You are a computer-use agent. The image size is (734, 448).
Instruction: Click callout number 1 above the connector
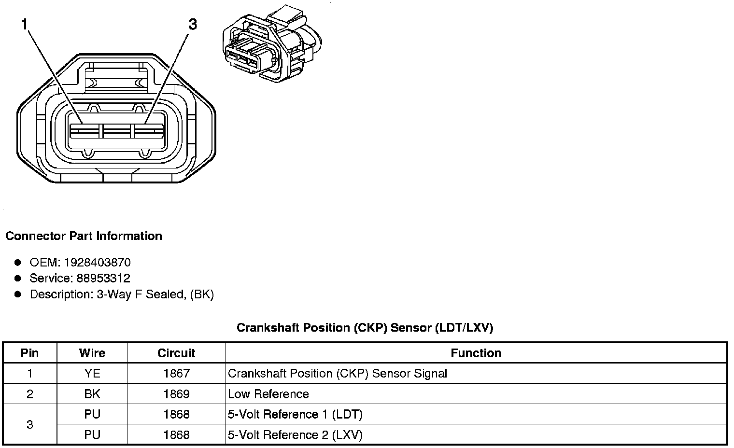click(24, 24)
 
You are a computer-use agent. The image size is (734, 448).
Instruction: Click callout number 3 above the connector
click(193, 24)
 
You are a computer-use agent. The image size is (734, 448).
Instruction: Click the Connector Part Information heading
click(84, 236)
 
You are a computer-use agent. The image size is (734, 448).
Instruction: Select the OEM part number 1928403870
click(97, 263)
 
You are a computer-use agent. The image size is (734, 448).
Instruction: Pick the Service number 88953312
click(103, 279)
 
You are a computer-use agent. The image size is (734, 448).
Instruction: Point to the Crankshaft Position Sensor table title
click(365, 328)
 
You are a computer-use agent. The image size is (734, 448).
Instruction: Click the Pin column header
click(30, 353)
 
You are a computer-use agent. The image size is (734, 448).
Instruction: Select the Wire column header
click(92, 353)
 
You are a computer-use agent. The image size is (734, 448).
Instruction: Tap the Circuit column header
click(176, 353)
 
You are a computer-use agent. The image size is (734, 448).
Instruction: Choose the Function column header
click(476, 353)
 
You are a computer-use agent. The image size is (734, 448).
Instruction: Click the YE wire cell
click(92, 374)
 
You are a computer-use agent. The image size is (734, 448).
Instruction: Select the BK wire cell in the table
click(92, 394)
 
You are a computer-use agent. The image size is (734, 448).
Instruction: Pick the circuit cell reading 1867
click(176, 374)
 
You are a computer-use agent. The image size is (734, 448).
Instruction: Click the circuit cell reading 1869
click(176, 394)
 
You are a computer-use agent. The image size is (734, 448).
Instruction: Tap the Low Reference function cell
click(268, 394)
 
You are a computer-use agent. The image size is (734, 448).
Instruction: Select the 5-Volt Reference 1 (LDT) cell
click(295, 415)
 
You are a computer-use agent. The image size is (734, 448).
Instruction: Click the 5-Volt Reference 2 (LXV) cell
click(295, 435)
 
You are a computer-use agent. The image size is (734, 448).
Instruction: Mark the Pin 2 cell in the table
click(30, 394)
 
